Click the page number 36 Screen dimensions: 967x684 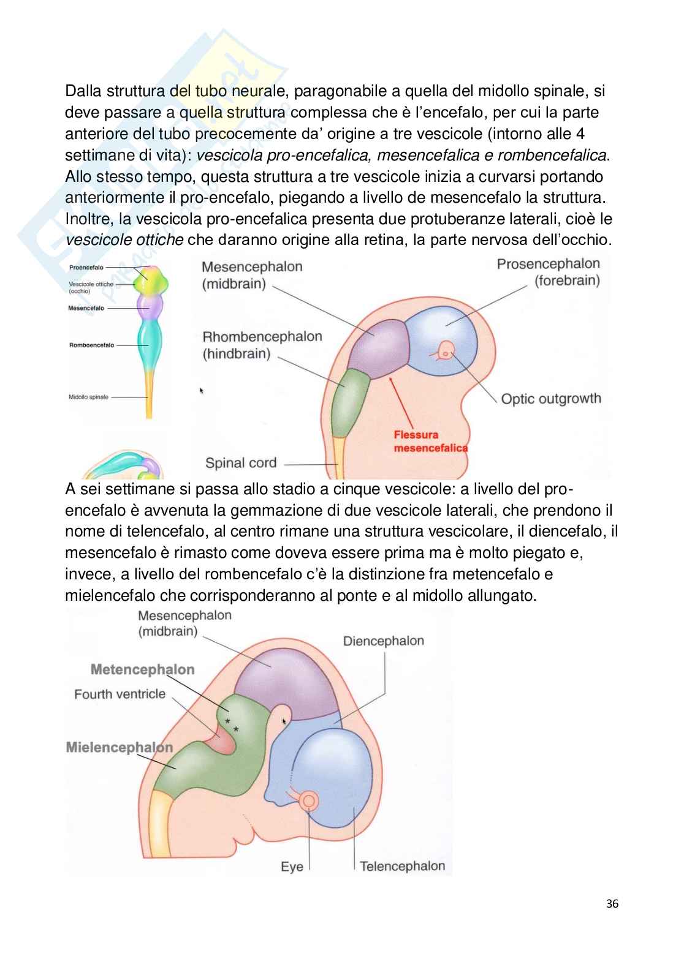[612, 904]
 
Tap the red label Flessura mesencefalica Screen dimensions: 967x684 [430, 441]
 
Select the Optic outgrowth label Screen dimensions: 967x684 [550, 399]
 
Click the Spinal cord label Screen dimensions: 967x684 [241, 463]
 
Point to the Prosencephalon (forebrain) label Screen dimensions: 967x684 [548, 273]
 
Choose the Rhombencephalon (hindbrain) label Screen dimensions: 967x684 [262, 345]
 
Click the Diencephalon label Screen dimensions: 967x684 [383, 641]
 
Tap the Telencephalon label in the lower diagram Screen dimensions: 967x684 [402, 866]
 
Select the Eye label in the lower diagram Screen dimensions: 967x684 [292, 867]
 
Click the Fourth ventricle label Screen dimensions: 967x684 [120, 694]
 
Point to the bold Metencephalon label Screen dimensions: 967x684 [142, 669]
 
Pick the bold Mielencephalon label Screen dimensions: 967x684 [119, 747]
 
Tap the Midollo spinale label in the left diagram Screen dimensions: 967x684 [88, 397]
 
